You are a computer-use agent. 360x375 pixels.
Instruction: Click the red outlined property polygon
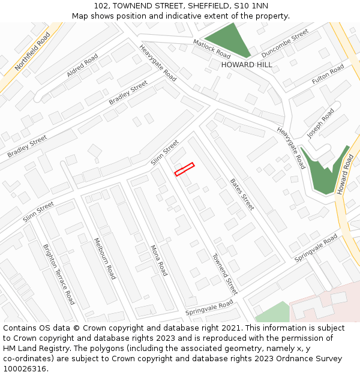pyautogui.click(x=184, y=170)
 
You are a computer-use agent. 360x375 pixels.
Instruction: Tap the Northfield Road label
pyautogui.click(x=33, y=52)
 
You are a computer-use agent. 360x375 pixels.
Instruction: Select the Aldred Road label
pyautogui.click(x=82, y=65)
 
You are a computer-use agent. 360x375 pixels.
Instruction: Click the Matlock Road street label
pyautogui.click(x=212, y=49)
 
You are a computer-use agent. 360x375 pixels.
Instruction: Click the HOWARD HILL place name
pyautogui.click(x=247, y=65)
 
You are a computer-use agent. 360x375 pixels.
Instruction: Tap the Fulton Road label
pyautogui.click(x=328, y=74)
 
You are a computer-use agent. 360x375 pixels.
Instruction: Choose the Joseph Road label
pyautogui.click(x=320, y=123)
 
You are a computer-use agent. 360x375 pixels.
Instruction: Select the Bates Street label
pyautogui.click(x=242, y=194)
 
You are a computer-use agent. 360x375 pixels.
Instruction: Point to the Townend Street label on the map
pyautogui.click(x=224, y=274)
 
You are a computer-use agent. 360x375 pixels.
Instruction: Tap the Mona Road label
pyautogui.click(x=158, y=260)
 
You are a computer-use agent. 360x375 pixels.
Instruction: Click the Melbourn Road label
pyautogui.click(x=104, y=258)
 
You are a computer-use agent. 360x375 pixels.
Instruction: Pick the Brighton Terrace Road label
pyautogui.click(x=59, y=274)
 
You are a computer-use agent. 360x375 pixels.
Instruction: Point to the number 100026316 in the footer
pyautogui.click(x=25, y=369)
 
